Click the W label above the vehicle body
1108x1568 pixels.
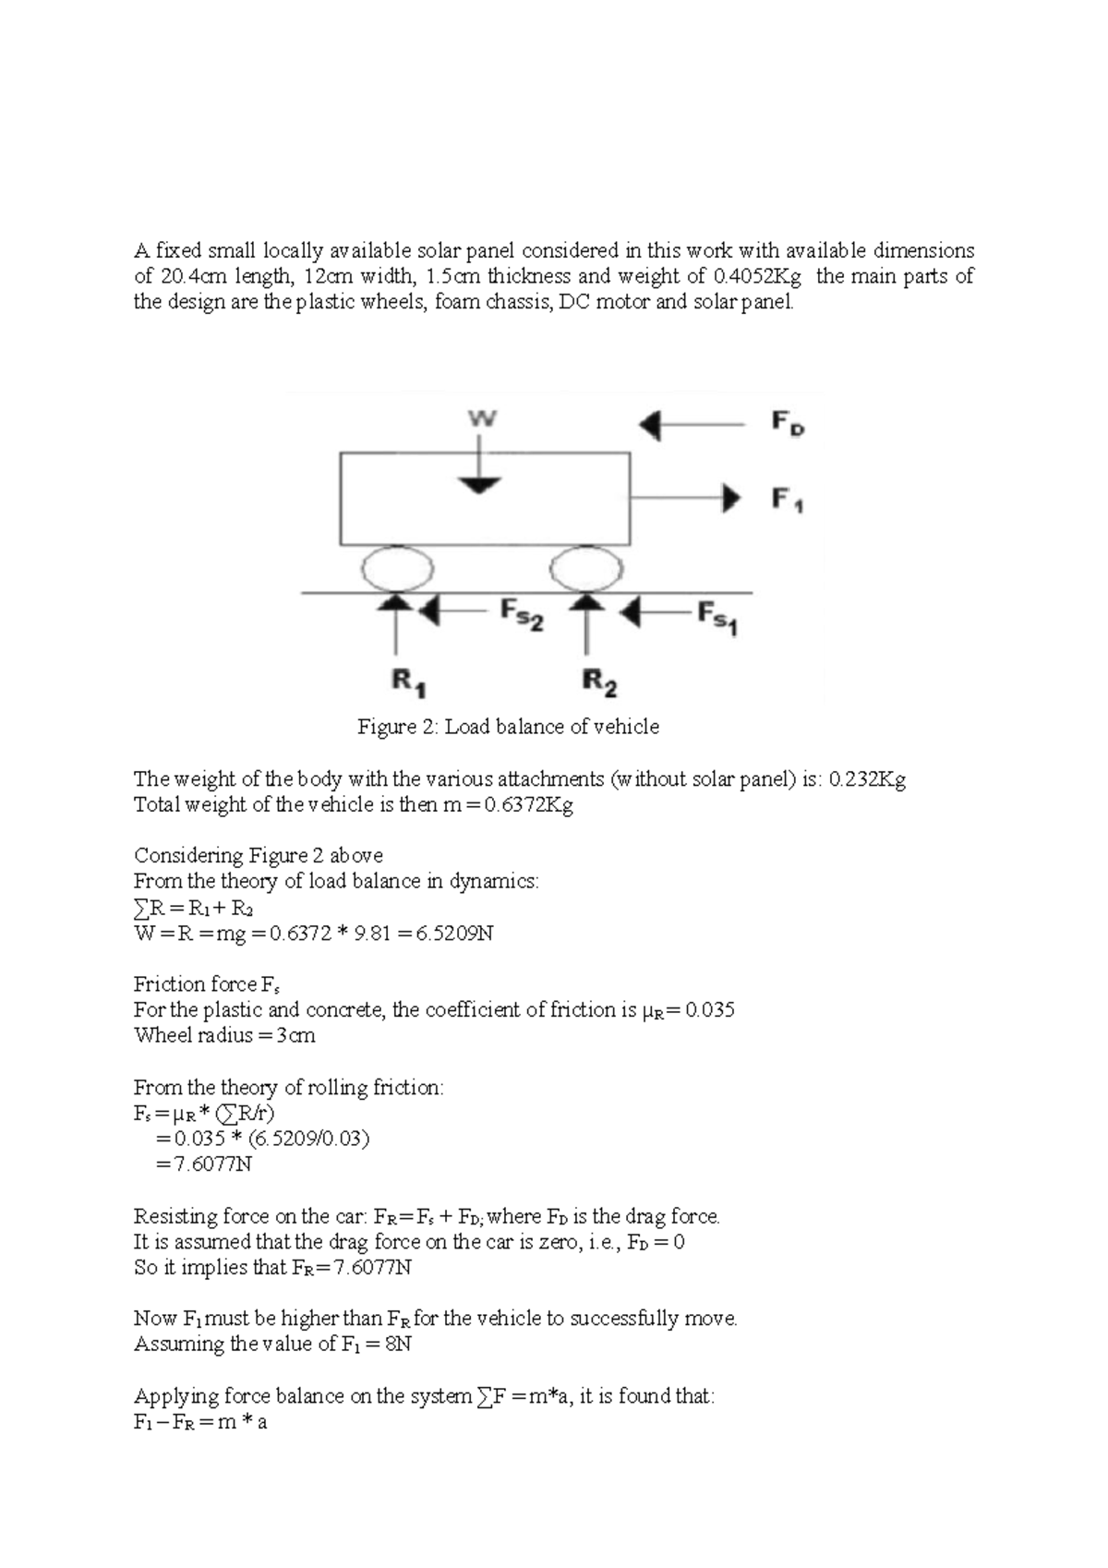pos(482,419)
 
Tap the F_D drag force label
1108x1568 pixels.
pos(787,424)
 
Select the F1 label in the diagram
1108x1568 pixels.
pos(787,500)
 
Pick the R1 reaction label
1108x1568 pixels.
pos(408,682)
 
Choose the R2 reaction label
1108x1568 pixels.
pos(600,683)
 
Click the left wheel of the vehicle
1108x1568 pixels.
pos(397,568)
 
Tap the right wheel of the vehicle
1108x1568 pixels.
pos(586,568)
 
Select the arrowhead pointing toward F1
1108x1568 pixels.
pos(731,498)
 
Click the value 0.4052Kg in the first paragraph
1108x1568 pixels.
pos(757,276)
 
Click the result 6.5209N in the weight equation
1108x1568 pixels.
pos(453,933)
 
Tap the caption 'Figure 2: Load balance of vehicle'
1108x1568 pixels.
pos(508,727)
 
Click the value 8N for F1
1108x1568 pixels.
pos(398,1344)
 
